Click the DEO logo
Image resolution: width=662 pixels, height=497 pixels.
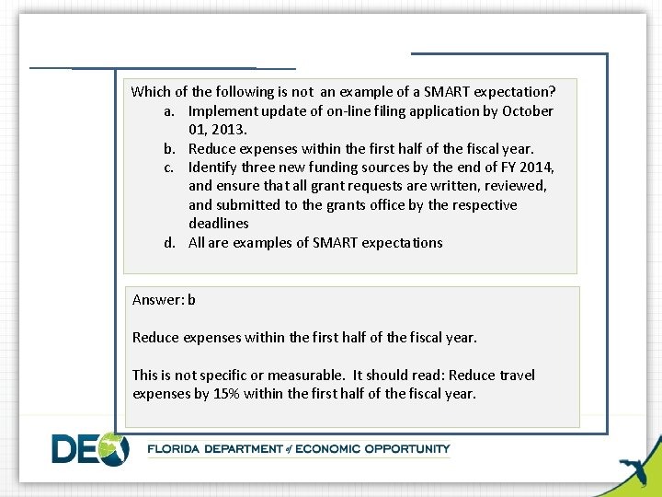(90, 448)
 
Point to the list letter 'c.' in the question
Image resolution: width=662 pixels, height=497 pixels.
(170, 168)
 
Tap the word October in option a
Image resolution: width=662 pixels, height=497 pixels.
(528, 111)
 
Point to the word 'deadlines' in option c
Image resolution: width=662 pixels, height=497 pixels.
(219, 224)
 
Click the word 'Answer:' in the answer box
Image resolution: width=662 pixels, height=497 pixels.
(158, 299)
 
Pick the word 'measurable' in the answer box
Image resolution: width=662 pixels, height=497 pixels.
(305, 375)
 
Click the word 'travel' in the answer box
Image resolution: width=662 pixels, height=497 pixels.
(517, 375)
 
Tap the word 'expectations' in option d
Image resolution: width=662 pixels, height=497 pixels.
(402, 243)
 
